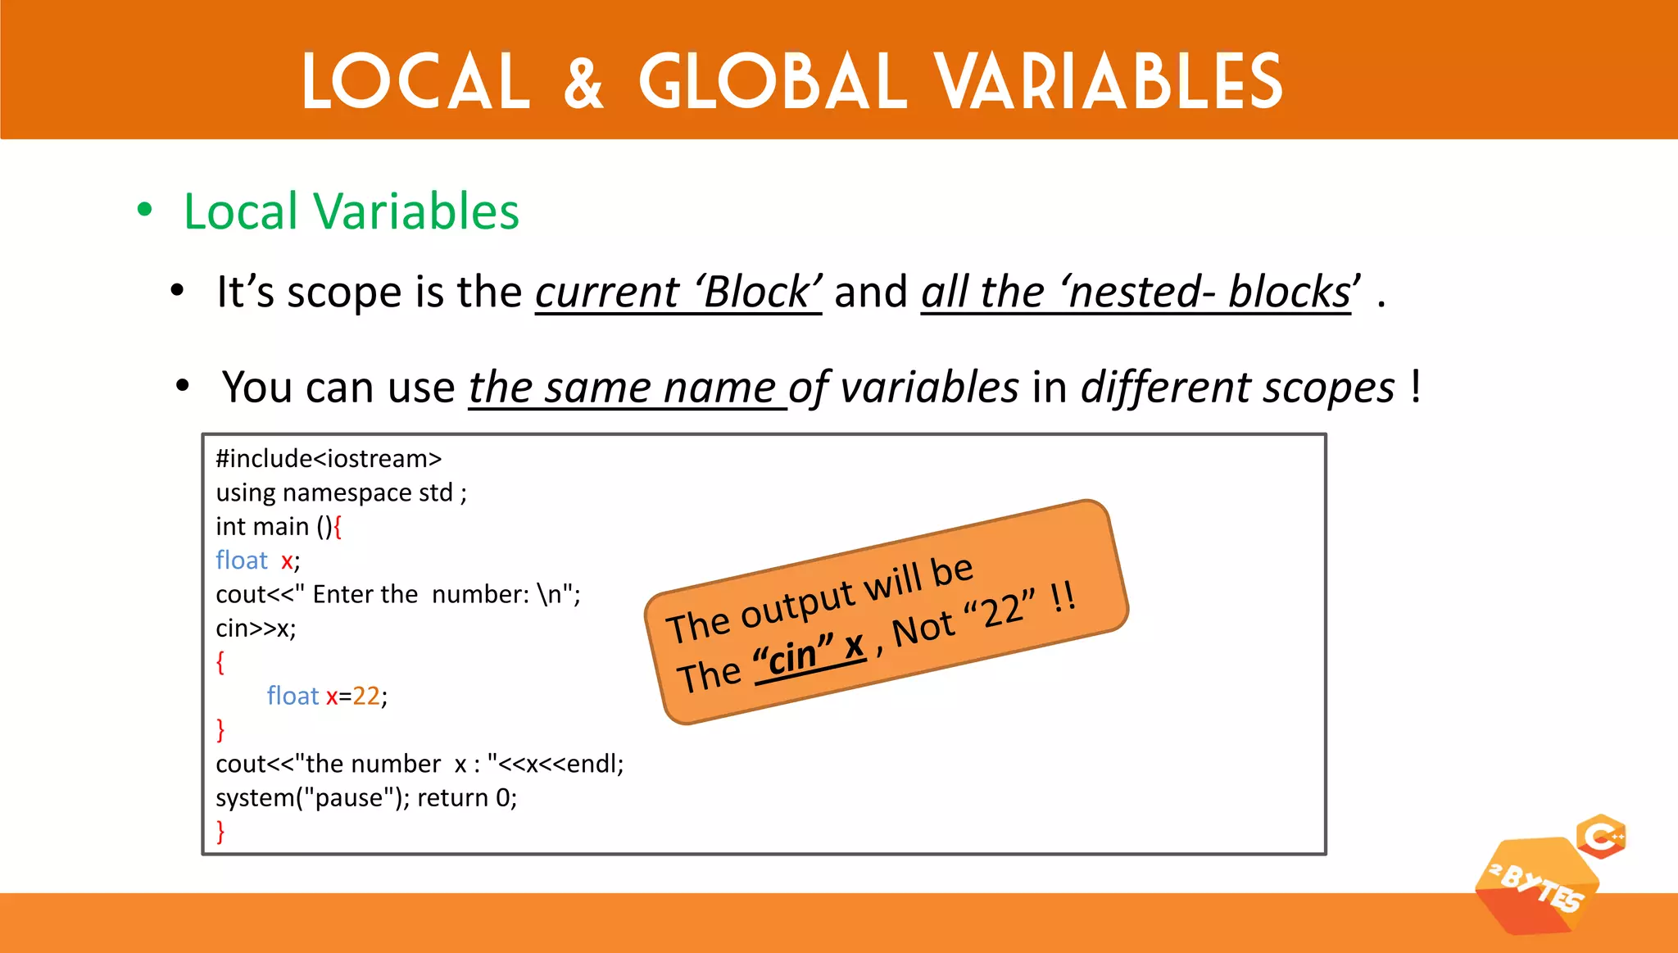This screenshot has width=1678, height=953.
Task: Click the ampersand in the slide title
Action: pos(583,83)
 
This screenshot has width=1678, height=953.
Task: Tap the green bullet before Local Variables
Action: pos(145,210)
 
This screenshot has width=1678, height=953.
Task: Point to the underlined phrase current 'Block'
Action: pos(678,293)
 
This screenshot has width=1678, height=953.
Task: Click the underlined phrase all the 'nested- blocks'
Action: pos(1136,293)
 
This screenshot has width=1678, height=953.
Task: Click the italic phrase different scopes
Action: pos(1237,388)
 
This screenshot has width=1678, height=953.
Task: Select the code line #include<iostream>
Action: pos(329,459)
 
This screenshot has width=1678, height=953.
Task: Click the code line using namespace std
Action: pos(341,492)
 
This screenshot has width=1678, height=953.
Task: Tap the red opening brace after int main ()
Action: pos(338,526)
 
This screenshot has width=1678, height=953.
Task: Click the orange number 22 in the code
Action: pos(366,696)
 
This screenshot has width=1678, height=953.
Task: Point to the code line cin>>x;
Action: pos(256,629)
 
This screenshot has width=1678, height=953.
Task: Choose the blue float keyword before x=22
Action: pos(292,696)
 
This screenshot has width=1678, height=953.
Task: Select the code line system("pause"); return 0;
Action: pos(366,797)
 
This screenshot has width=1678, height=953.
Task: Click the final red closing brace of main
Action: pos(220,831)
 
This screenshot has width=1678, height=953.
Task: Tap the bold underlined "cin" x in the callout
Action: pos(810,653)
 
